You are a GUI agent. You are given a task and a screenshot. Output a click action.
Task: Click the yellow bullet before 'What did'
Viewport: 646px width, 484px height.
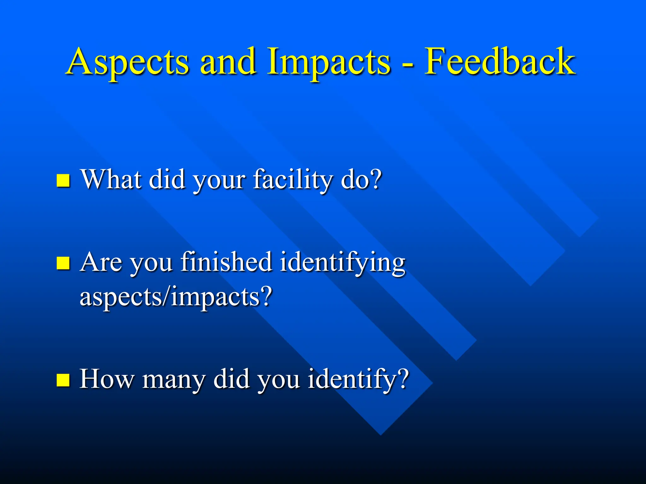(63, 181)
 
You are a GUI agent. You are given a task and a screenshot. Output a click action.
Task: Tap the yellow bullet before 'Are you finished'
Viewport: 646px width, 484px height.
(63, 263)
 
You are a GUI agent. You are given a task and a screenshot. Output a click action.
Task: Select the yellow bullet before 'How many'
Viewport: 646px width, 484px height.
(63, 380)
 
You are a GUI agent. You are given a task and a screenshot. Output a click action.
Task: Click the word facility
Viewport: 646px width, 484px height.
(293, 180)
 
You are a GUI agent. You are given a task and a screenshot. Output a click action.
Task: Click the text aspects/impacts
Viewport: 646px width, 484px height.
(170, 297)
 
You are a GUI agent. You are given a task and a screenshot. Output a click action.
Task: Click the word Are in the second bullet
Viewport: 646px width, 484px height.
(101, 262)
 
